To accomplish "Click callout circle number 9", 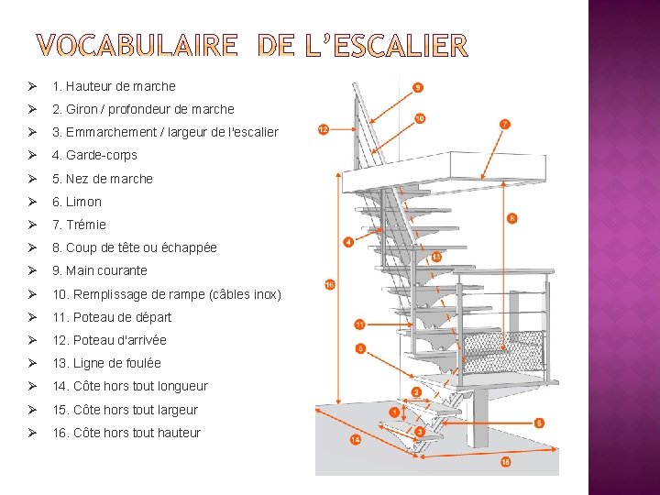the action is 418,88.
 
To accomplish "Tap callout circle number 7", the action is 505,123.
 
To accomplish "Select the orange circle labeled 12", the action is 323,129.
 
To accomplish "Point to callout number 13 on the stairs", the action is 436,258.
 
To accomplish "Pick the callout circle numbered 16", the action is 330,285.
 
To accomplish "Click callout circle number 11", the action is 360,324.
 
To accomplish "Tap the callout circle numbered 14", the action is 355,439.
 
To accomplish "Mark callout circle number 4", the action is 348,242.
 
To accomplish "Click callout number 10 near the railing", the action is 420,118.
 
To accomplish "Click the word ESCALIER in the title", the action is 395,45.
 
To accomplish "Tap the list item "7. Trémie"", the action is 79,225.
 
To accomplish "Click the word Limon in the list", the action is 83,202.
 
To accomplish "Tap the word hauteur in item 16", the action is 177,433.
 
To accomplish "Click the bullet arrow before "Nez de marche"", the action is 32,179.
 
